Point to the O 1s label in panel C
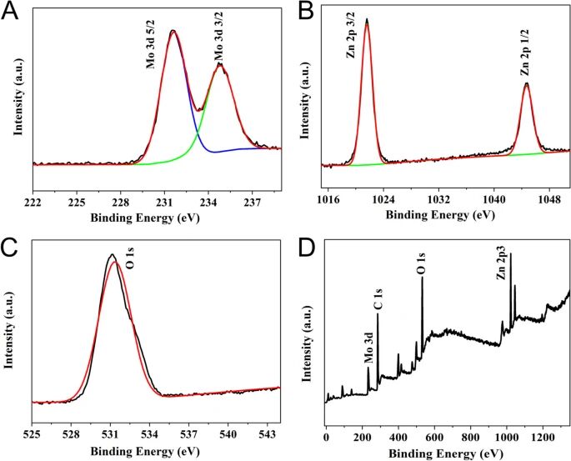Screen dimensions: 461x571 point(130,268)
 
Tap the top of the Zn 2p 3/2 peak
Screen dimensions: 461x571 point(367,19)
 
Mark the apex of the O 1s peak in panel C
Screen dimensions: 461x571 point(112,255)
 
